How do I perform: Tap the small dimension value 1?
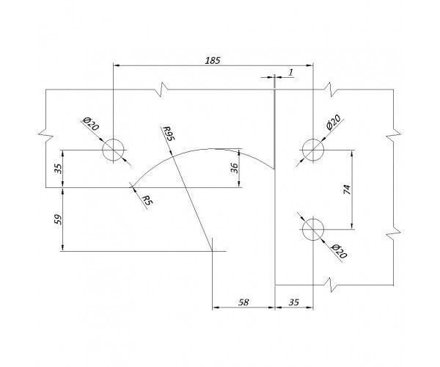pos(290,71)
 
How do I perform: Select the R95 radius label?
pos(169,134)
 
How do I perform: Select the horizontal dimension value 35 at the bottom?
pos(294,302)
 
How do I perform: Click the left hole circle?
pos(113,150)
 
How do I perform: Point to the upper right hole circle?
pos(313,150)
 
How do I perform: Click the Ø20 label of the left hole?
pos(90,124)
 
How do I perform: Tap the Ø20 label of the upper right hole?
pos(334,123)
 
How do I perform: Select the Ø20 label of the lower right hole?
pos(338,252)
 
